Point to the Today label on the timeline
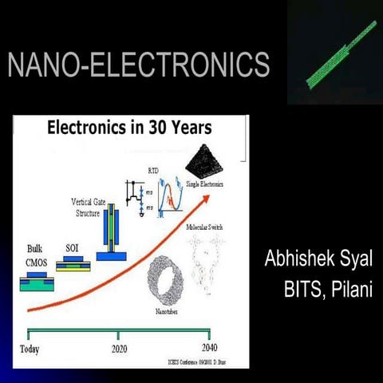click(30, 349)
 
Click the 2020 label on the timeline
click(119, 349)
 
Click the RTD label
click(152, 171)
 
